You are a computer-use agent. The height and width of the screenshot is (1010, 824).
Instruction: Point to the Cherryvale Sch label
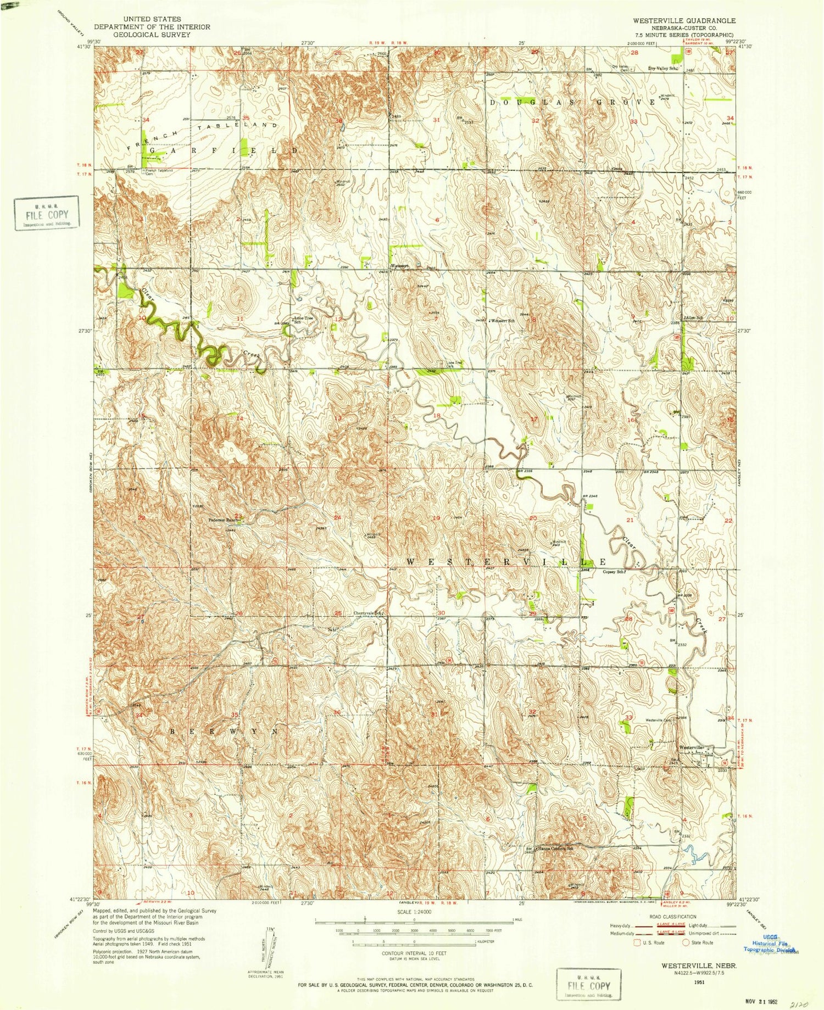coord(368,613)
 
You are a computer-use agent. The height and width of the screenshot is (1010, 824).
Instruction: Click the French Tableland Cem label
coord(159,172)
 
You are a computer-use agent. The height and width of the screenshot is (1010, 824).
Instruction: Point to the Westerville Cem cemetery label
coord(659,720)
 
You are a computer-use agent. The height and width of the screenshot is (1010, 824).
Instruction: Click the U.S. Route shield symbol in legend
coord(637,942)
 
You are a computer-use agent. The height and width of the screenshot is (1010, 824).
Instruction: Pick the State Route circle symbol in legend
coord(686,942)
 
